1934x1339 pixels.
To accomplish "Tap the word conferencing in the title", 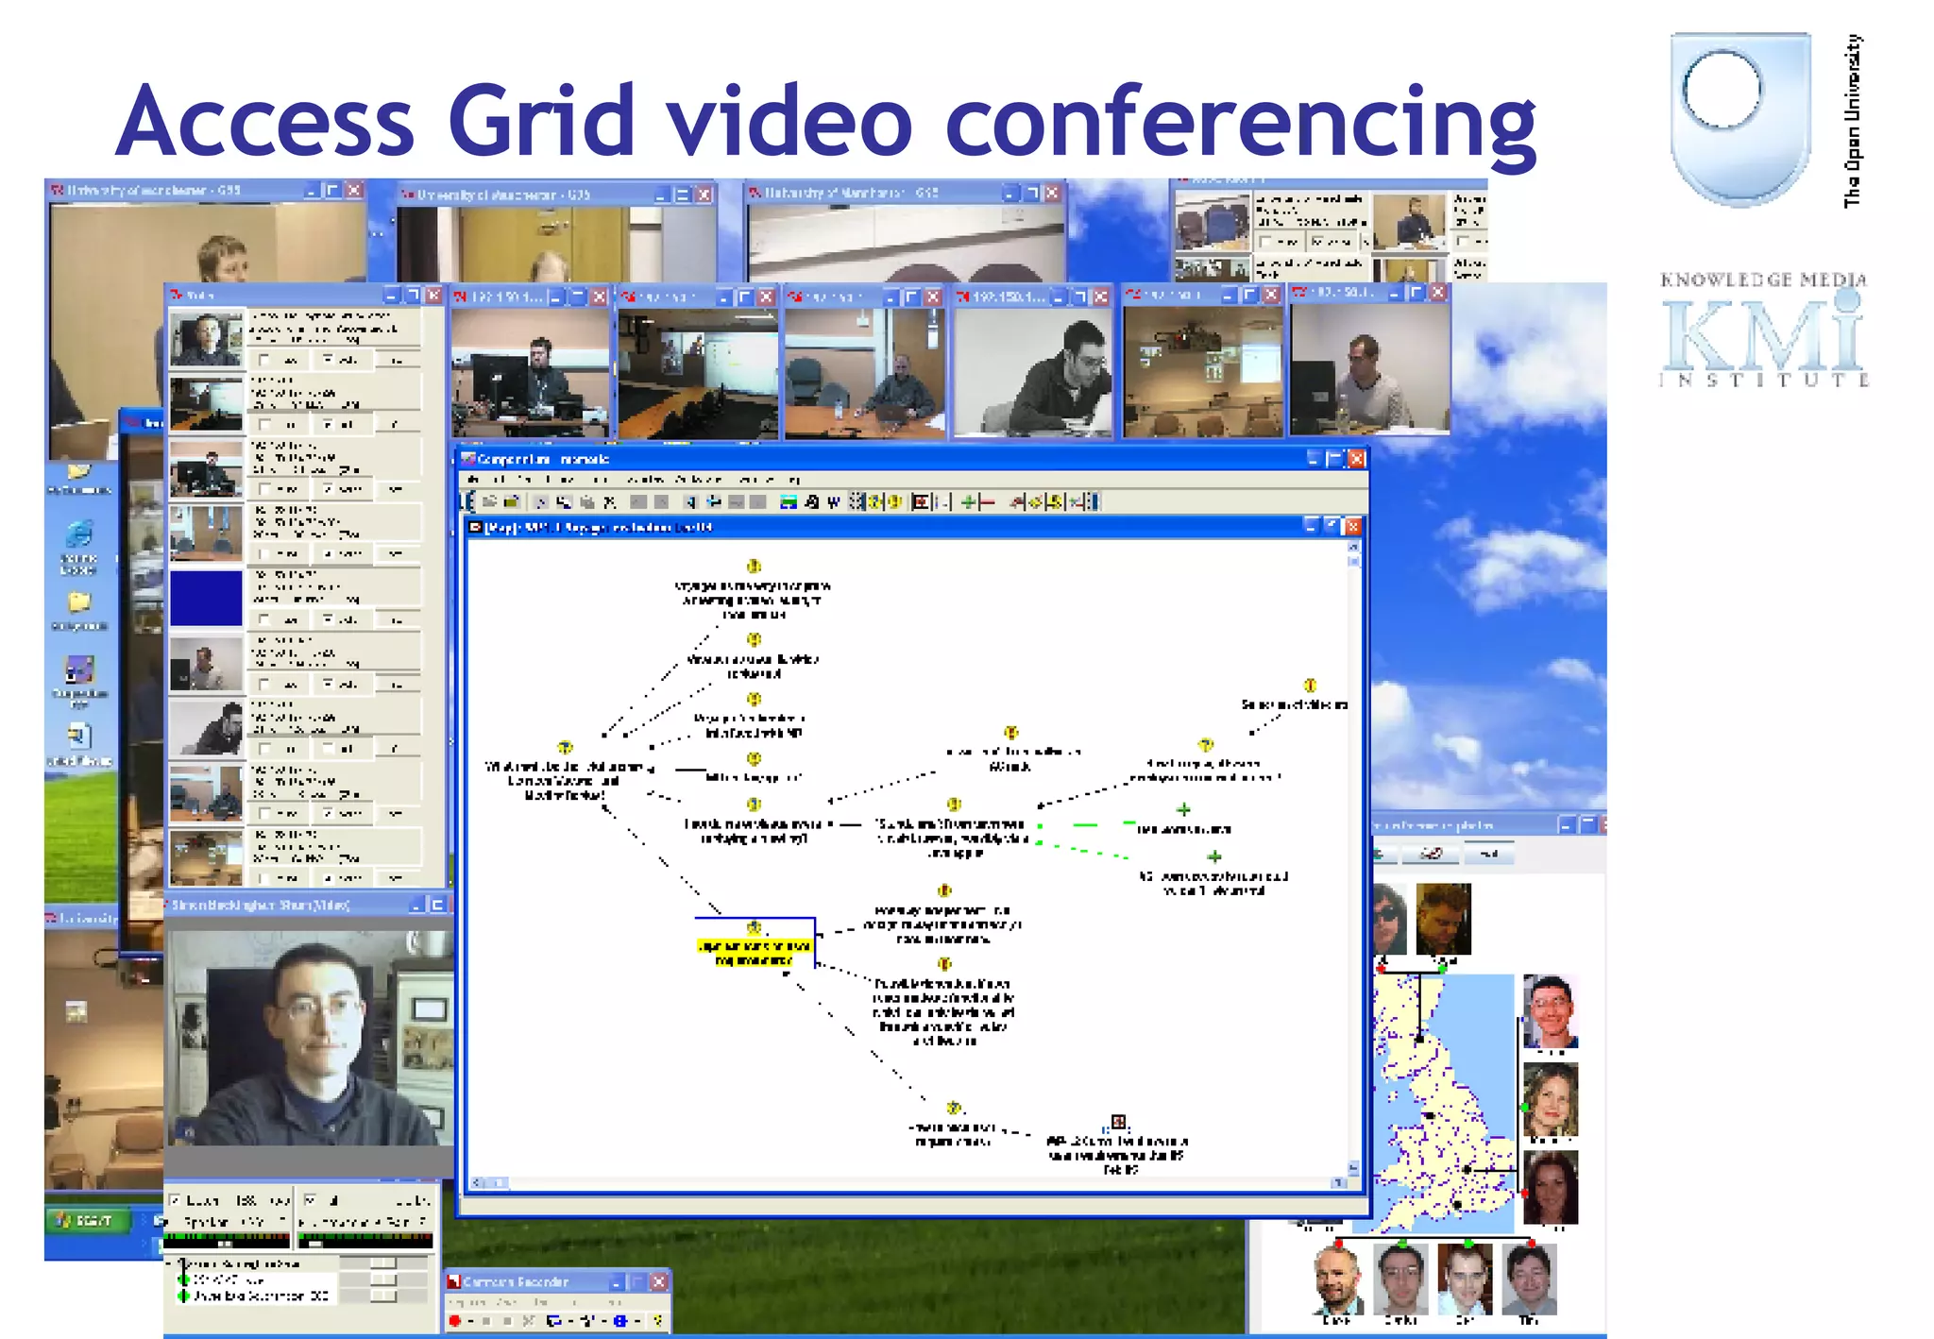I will (x=1240, y=123).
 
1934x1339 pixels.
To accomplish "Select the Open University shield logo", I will (x=1739, y=117).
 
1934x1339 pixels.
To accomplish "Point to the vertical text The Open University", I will (x=1853, y=121).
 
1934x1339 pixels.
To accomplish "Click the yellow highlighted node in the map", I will (x=754, y=951).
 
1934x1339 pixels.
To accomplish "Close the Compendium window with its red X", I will (x=1357, y=459).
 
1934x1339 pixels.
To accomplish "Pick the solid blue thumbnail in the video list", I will (x=206, y=599).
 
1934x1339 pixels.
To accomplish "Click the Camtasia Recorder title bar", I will (x=529, y=1281).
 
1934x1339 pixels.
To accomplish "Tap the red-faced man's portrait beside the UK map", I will (x=1550, y=1011).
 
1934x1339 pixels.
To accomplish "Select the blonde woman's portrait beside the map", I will (x=1550, y=1099).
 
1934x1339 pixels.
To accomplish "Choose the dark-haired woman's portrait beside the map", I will (x=1550, y=1187).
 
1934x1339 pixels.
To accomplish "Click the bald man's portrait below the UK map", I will (x=1338, y=1278).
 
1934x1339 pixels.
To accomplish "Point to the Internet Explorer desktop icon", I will (x=78, y=534).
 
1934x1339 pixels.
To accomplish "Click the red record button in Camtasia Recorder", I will (x=455, y=1320).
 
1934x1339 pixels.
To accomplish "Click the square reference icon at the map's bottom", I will (x=1118, y=1122).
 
